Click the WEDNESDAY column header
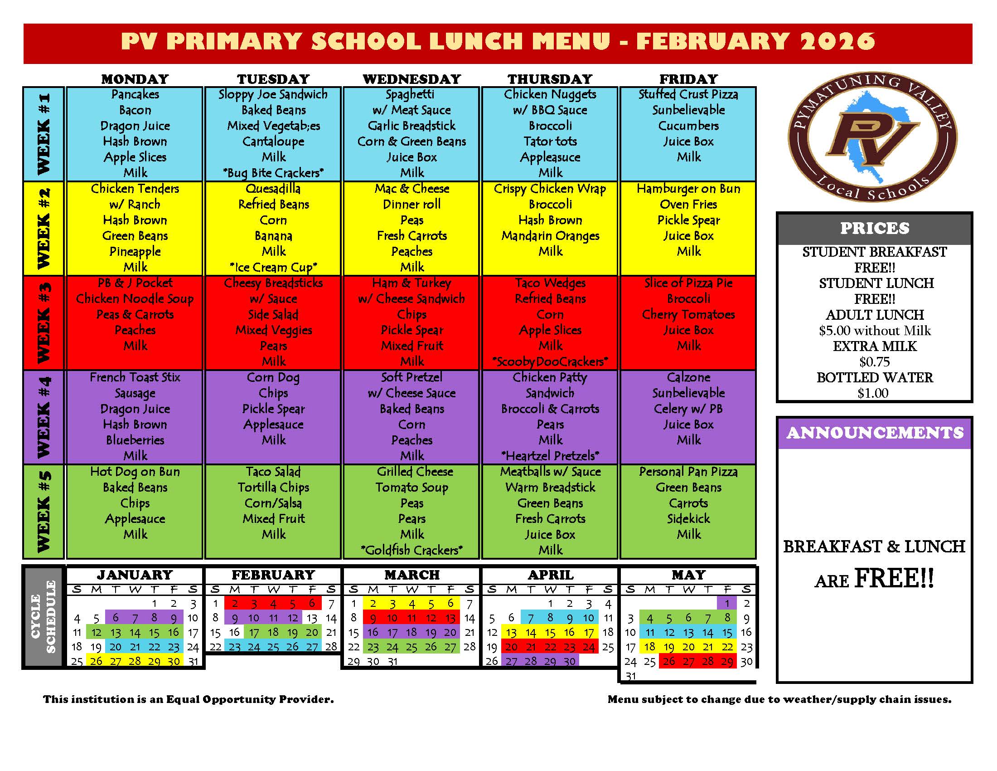point(411,79)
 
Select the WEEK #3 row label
point(44,323)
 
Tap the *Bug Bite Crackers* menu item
point(273,173)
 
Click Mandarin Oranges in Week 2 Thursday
point(550,236)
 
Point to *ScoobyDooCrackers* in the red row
point(550,361)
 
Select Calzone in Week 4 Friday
point(688,377)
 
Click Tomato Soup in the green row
point(411,488)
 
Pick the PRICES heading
point(874,228)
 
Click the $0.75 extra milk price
point(874,362)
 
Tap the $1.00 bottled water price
point(872,393)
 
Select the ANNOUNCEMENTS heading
point(874,433)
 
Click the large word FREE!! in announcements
point(893,578)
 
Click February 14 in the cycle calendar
point(331,619)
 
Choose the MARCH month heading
point(411,575)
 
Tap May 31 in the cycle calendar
point(630,676)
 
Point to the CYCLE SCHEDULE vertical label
point(43,617)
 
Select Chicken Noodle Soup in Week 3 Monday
point(135,299)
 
